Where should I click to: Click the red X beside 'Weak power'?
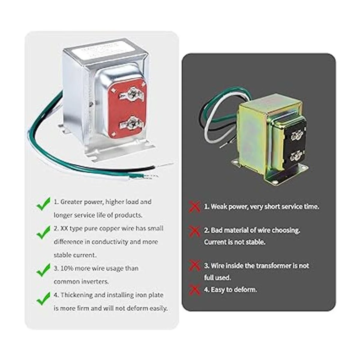tap(194, 207)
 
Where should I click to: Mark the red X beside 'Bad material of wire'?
tap(194, 231)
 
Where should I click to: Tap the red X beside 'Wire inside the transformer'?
tap(194, 265)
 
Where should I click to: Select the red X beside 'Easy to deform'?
tap(194, 289)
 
